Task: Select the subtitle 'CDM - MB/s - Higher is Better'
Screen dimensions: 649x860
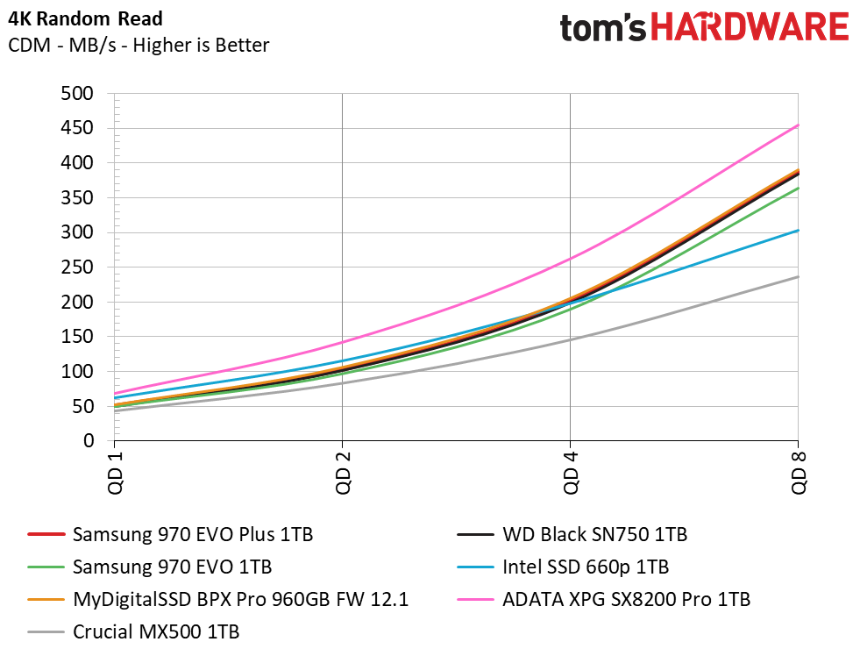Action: [x=139, y=45]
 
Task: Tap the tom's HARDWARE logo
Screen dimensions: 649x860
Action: [x=704, y=28]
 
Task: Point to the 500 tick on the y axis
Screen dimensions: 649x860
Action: [x=76, y=94]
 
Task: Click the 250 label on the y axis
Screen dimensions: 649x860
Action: [x=76, y=267]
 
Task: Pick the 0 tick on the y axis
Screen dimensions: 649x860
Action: [x=88, y=441]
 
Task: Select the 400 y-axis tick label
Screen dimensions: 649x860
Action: [x=76, y=163]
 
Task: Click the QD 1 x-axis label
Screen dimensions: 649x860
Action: [x=114, y=472]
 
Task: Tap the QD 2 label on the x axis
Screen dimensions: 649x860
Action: [x=342, y=472]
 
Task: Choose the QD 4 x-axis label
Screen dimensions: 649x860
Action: [x=571, y=472]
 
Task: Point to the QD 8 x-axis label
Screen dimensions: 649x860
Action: [x=799, y=472]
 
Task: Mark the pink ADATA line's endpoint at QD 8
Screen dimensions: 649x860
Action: [x=798, y=125]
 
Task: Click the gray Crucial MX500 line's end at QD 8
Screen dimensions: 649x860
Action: [x=798, y=277]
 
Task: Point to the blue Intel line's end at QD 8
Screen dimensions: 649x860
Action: [x=798, y=231]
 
